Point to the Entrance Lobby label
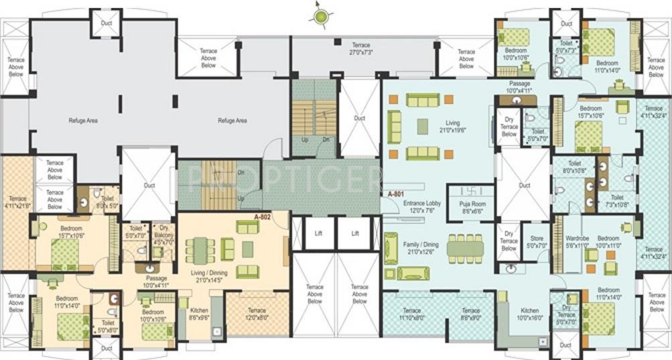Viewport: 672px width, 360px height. tap(421, 206)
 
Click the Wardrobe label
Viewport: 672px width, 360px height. tap(577, 242)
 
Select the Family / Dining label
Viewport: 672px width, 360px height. tap(422, 248)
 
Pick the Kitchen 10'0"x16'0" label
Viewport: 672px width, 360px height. tap(529, 314)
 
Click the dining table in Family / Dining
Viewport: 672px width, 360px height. tap(465, 248)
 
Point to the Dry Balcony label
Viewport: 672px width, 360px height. tap(163, 232)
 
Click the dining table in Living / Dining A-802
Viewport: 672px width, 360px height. tap(199, 249)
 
